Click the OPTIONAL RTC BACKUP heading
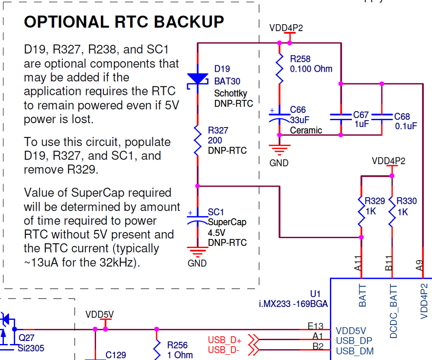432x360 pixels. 124,22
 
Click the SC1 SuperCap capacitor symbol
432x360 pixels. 198,219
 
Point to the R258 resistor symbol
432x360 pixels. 280,69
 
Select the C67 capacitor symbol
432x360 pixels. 341,117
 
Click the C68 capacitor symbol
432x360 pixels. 382,117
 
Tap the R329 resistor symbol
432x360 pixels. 361,212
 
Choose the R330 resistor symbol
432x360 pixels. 392,212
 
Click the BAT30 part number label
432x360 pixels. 227,81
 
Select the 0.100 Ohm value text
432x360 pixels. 311,69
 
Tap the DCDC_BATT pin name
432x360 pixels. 393,311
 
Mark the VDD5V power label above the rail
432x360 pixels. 99,314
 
